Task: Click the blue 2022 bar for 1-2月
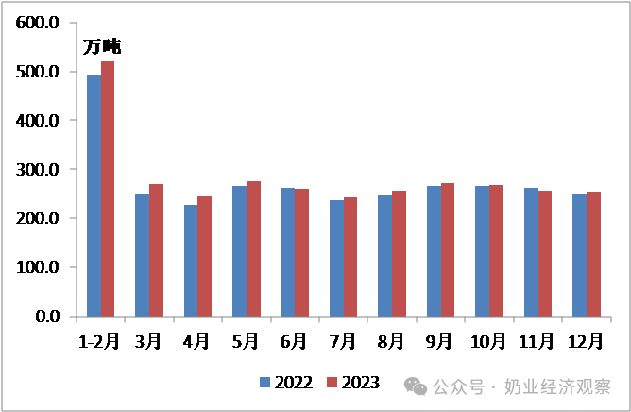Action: tap(94, 196)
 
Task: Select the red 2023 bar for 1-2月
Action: tap(108, 189)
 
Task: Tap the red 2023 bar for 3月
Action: tap(156, 250)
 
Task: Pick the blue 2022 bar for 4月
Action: tap(191, 261)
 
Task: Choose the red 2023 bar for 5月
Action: tap(253, 249)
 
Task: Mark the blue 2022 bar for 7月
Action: tap(337, 259)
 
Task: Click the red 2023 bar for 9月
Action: tap(448, 250)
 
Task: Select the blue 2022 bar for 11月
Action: tap(531, 252)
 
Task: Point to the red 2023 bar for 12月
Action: tap(593, 254)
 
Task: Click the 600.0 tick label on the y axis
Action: tap(37, 23)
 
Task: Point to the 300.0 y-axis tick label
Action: tap(37, 170)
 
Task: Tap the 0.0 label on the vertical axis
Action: tap(47, 317)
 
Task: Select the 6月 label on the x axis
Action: tap(294, 341)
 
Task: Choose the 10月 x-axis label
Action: tap(487, 341)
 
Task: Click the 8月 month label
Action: tap(391, 341)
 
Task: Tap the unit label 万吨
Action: tap(102, 46)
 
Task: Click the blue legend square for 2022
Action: tap(264, 382)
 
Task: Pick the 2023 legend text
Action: tap(360, 383)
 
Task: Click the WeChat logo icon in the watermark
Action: tap(416, 386)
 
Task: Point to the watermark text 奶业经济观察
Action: tap(557, 387)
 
